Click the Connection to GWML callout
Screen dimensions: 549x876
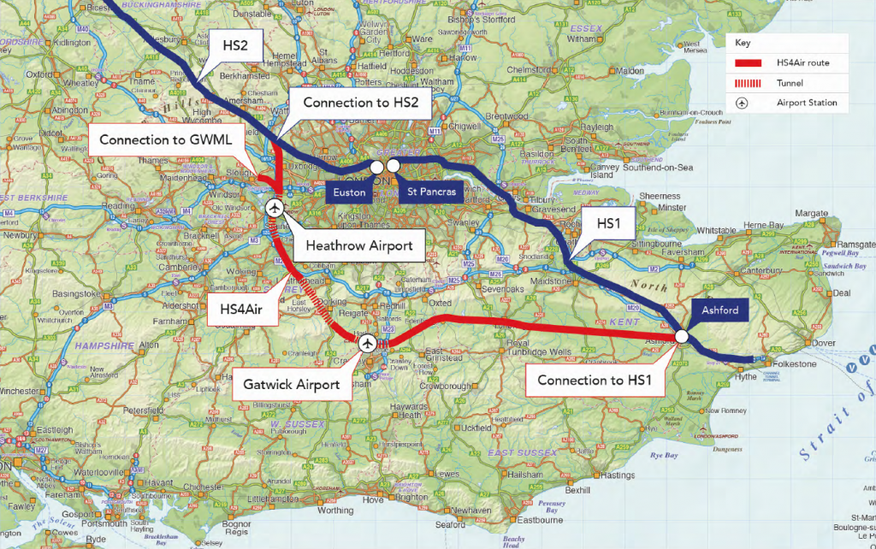pyautogui.click(x=168, y=139)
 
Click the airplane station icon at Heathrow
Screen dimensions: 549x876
pyautogui.click(x=275, y=207)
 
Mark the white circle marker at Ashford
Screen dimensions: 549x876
pyautogui.click(x=682, y=337)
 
